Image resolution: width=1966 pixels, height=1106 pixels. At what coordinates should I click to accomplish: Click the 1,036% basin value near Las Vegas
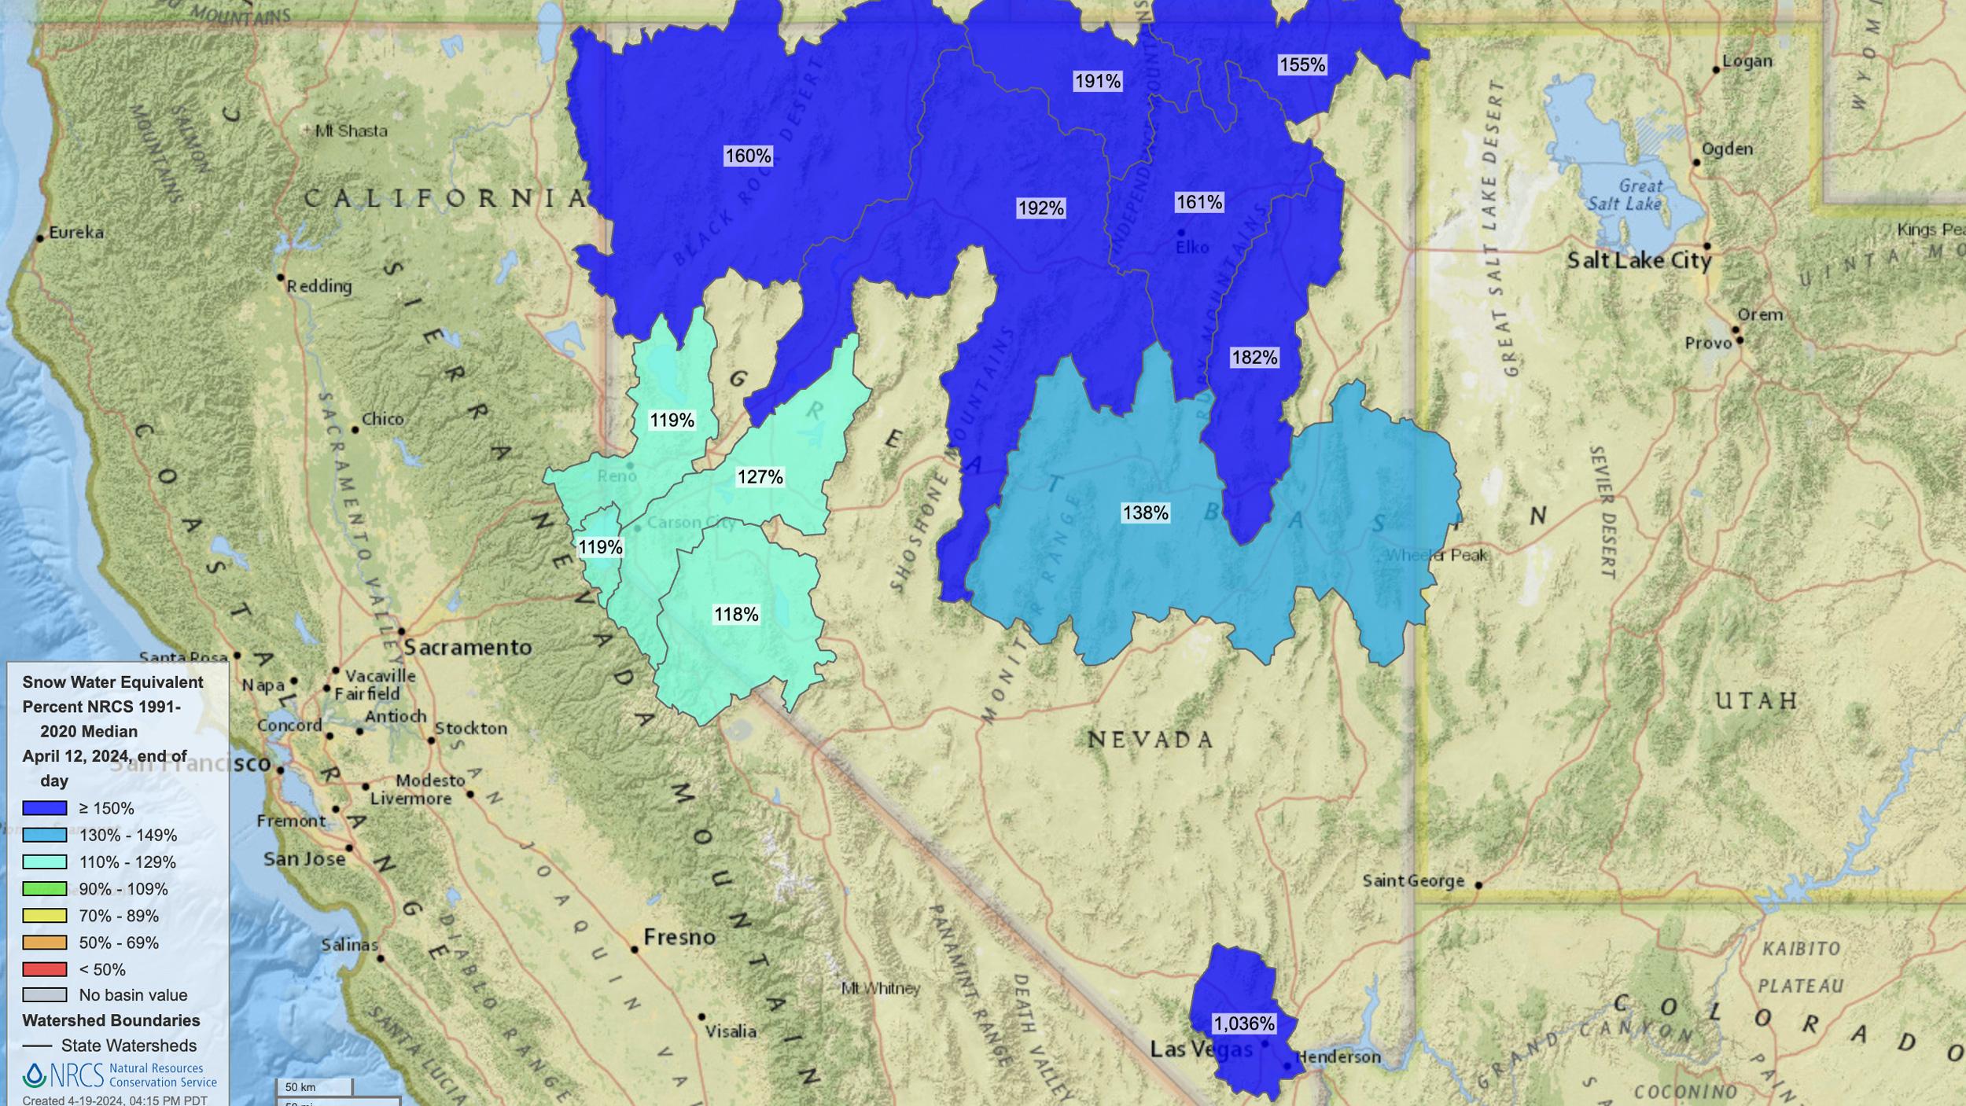coord(1243,1023)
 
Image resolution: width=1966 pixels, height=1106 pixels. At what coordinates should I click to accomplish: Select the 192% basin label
coord(1040,208)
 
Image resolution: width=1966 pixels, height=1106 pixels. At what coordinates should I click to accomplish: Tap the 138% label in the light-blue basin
coord(1145,513)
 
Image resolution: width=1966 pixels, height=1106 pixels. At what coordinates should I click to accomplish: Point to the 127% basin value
coord(760,477)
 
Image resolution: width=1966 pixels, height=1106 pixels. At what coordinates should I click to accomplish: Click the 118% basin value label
coord(736,615)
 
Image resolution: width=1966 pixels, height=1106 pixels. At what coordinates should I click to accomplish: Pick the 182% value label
coord(1254,358)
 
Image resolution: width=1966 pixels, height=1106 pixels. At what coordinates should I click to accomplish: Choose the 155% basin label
coord(1302,65)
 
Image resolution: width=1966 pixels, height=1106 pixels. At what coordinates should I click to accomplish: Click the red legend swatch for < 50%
coord(44,969)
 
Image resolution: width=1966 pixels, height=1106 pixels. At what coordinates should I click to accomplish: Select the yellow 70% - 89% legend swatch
coord(44,916)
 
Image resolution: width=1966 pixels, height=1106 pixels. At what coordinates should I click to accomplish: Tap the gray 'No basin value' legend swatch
coord(44,995)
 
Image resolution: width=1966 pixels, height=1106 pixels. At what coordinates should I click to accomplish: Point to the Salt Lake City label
coord(1639,261)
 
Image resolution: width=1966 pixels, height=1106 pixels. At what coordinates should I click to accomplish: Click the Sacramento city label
coord(468,648)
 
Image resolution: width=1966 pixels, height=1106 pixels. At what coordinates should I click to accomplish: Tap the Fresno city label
coord(679,937)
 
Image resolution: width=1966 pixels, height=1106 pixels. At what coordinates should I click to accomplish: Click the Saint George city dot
coord(1478,885)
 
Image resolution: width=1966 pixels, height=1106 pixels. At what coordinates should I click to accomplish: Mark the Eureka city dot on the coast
coord(39,238)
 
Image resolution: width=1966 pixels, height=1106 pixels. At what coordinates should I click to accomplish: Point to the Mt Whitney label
coord(880,988)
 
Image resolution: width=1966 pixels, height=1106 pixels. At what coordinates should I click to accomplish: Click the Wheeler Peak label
coord(1436,556)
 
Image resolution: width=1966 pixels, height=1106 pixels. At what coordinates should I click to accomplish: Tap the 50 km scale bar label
coord(300,1087)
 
